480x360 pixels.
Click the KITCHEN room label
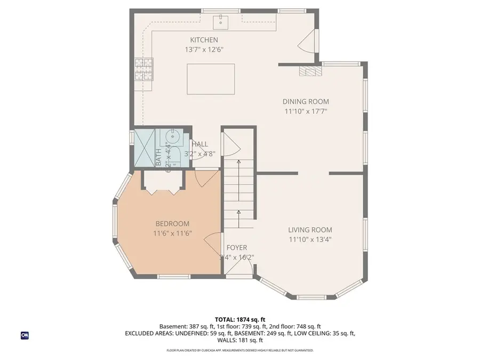point(204,40)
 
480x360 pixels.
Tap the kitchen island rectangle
point(211,78)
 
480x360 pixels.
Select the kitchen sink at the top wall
point(220,22)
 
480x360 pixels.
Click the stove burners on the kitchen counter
point(144,69)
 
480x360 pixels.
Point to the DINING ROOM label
point(306,101)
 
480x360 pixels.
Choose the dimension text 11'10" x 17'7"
point(306,111)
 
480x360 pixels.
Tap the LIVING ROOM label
point(311,230)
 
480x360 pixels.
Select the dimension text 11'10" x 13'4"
point(311,240)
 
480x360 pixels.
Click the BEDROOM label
point(172,223)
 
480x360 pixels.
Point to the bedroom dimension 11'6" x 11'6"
point(172,234)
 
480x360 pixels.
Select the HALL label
point(200,144)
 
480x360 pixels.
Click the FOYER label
point(237,247)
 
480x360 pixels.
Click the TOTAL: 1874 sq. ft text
point(239,318)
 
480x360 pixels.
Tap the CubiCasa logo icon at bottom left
point(25,335)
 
